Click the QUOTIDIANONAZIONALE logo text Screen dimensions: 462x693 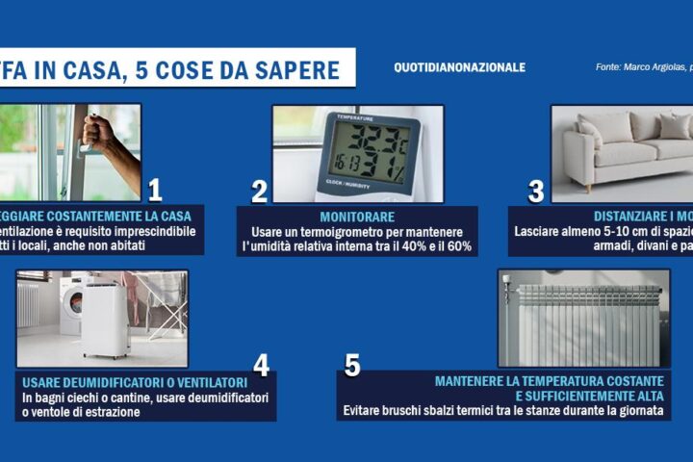pos(460,67)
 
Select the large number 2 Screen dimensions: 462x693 pos(259,191)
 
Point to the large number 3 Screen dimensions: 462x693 pos(536,191)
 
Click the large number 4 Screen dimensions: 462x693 pos(260,366)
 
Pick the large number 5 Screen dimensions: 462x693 pos(352,366)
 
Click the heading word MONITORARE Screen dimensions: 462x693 pos(356,217)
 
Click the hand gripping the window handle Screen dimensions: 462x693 pos(101,135)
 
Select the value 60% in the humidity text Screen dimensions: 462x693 pos(457,248)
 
